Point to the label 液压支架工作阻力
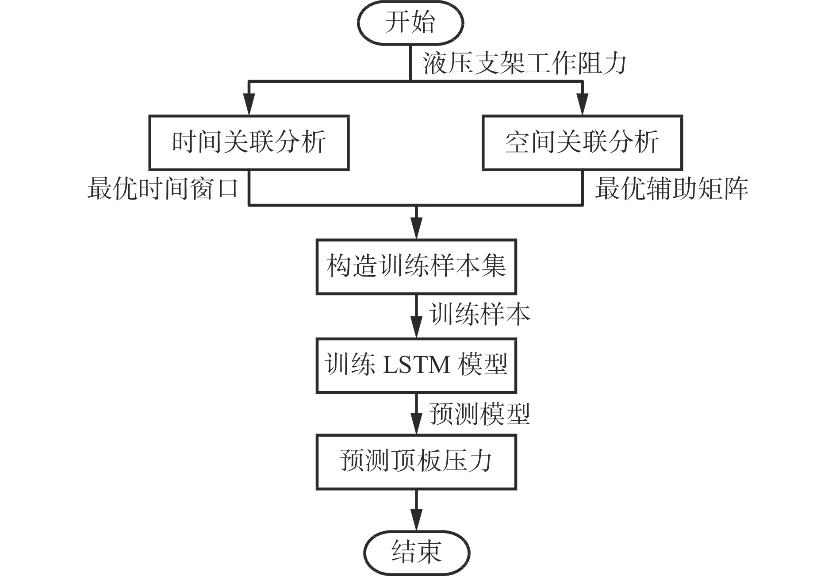point(525,64)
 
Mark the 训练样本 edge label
point(479,315)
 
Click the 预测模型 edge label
point(479,414)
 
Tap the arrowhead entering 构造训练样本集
point(416,228)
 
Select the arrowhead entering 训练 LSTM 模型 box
point(416,327)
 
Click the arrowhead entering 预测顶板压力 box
point(416,423)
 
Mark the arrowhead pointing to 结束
point(416,520)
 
